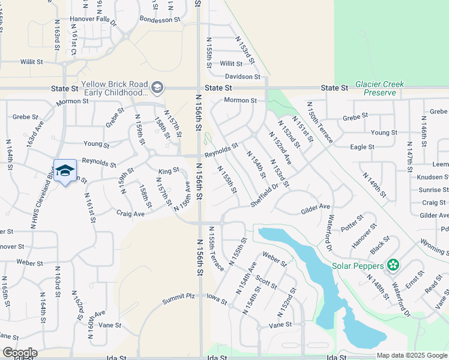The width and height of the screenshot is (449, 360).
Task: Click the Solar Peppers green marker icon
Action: click(393, 264)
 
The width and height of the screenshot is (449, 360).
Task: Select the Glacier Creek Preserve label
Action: click(379, 88)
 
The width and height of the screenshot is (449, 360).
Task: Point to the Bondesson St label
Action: click(160, 19)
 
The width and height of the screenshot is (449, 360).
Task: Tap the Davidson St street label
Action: click(243, 77)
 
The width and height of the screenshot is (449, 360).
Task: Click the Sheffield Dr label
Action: click(265, 196)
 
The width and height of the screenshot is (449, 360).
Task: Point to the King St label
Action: click(169, 171)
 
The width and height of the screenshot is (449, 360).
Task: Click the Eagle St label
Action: click(362, 146)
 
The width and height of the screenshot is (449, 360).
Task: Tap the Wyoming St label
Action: click(433, 247)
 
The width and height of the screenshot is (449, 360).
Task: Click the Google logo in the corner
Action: click(19, 353)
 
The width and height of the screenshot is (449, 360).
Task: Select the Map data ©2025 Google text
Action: click(412, 355)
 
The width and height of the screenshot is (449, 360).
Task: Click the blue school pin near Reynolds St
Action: click(65, 171)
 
